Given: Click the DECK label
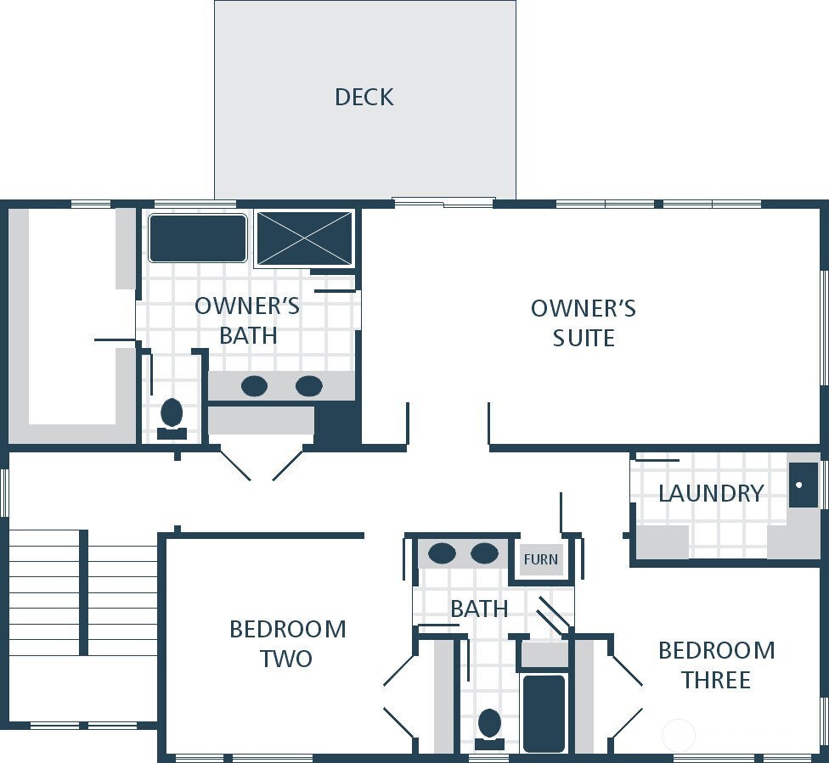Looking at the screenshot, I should click(364, 97).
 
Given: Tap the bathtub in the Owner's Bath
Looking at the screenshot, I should click(198, 238).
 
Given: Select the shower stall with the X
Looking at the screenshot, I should click(304, 238).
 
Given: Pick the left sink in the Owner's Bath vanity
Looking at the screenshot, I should click(254, 386).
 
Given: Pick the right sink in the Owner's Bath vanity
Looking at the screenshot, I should click(308, 386).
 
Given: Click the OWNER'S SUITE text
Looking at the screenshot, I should click(583, 323).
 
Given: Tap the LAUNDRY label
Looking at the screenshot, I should click(710, 493).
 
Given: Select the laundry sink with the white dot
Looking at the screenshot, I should click(803, 485).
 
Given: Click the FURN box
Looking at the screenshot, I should click(540, 559).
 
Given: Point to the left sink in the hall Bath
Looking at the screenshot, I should click(442, 554).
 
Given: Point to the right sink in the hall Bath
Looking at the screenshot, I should click(484, 554).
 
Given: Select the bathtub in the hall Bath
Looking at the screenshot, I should click(544, 713).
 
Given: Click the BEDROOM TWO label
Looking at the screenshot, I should click(287, 643).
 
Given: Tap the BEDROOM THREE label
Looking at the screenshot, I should click(716, 665).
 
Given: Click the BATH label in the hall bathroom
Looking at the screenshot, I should click(479, 609).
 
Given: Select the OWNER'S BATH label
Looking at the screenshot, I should click(247, 320).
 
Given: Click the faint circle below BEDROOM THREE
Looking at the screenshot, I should click(679, 734).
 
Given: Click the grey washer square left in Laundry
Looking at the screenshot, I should click(662, 542).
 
